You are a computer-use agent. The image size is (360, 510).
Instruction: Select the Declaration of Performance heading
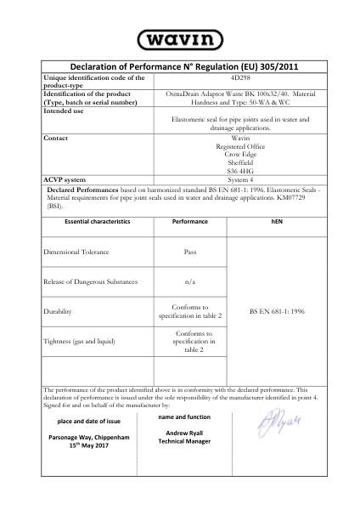point(179,67)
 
